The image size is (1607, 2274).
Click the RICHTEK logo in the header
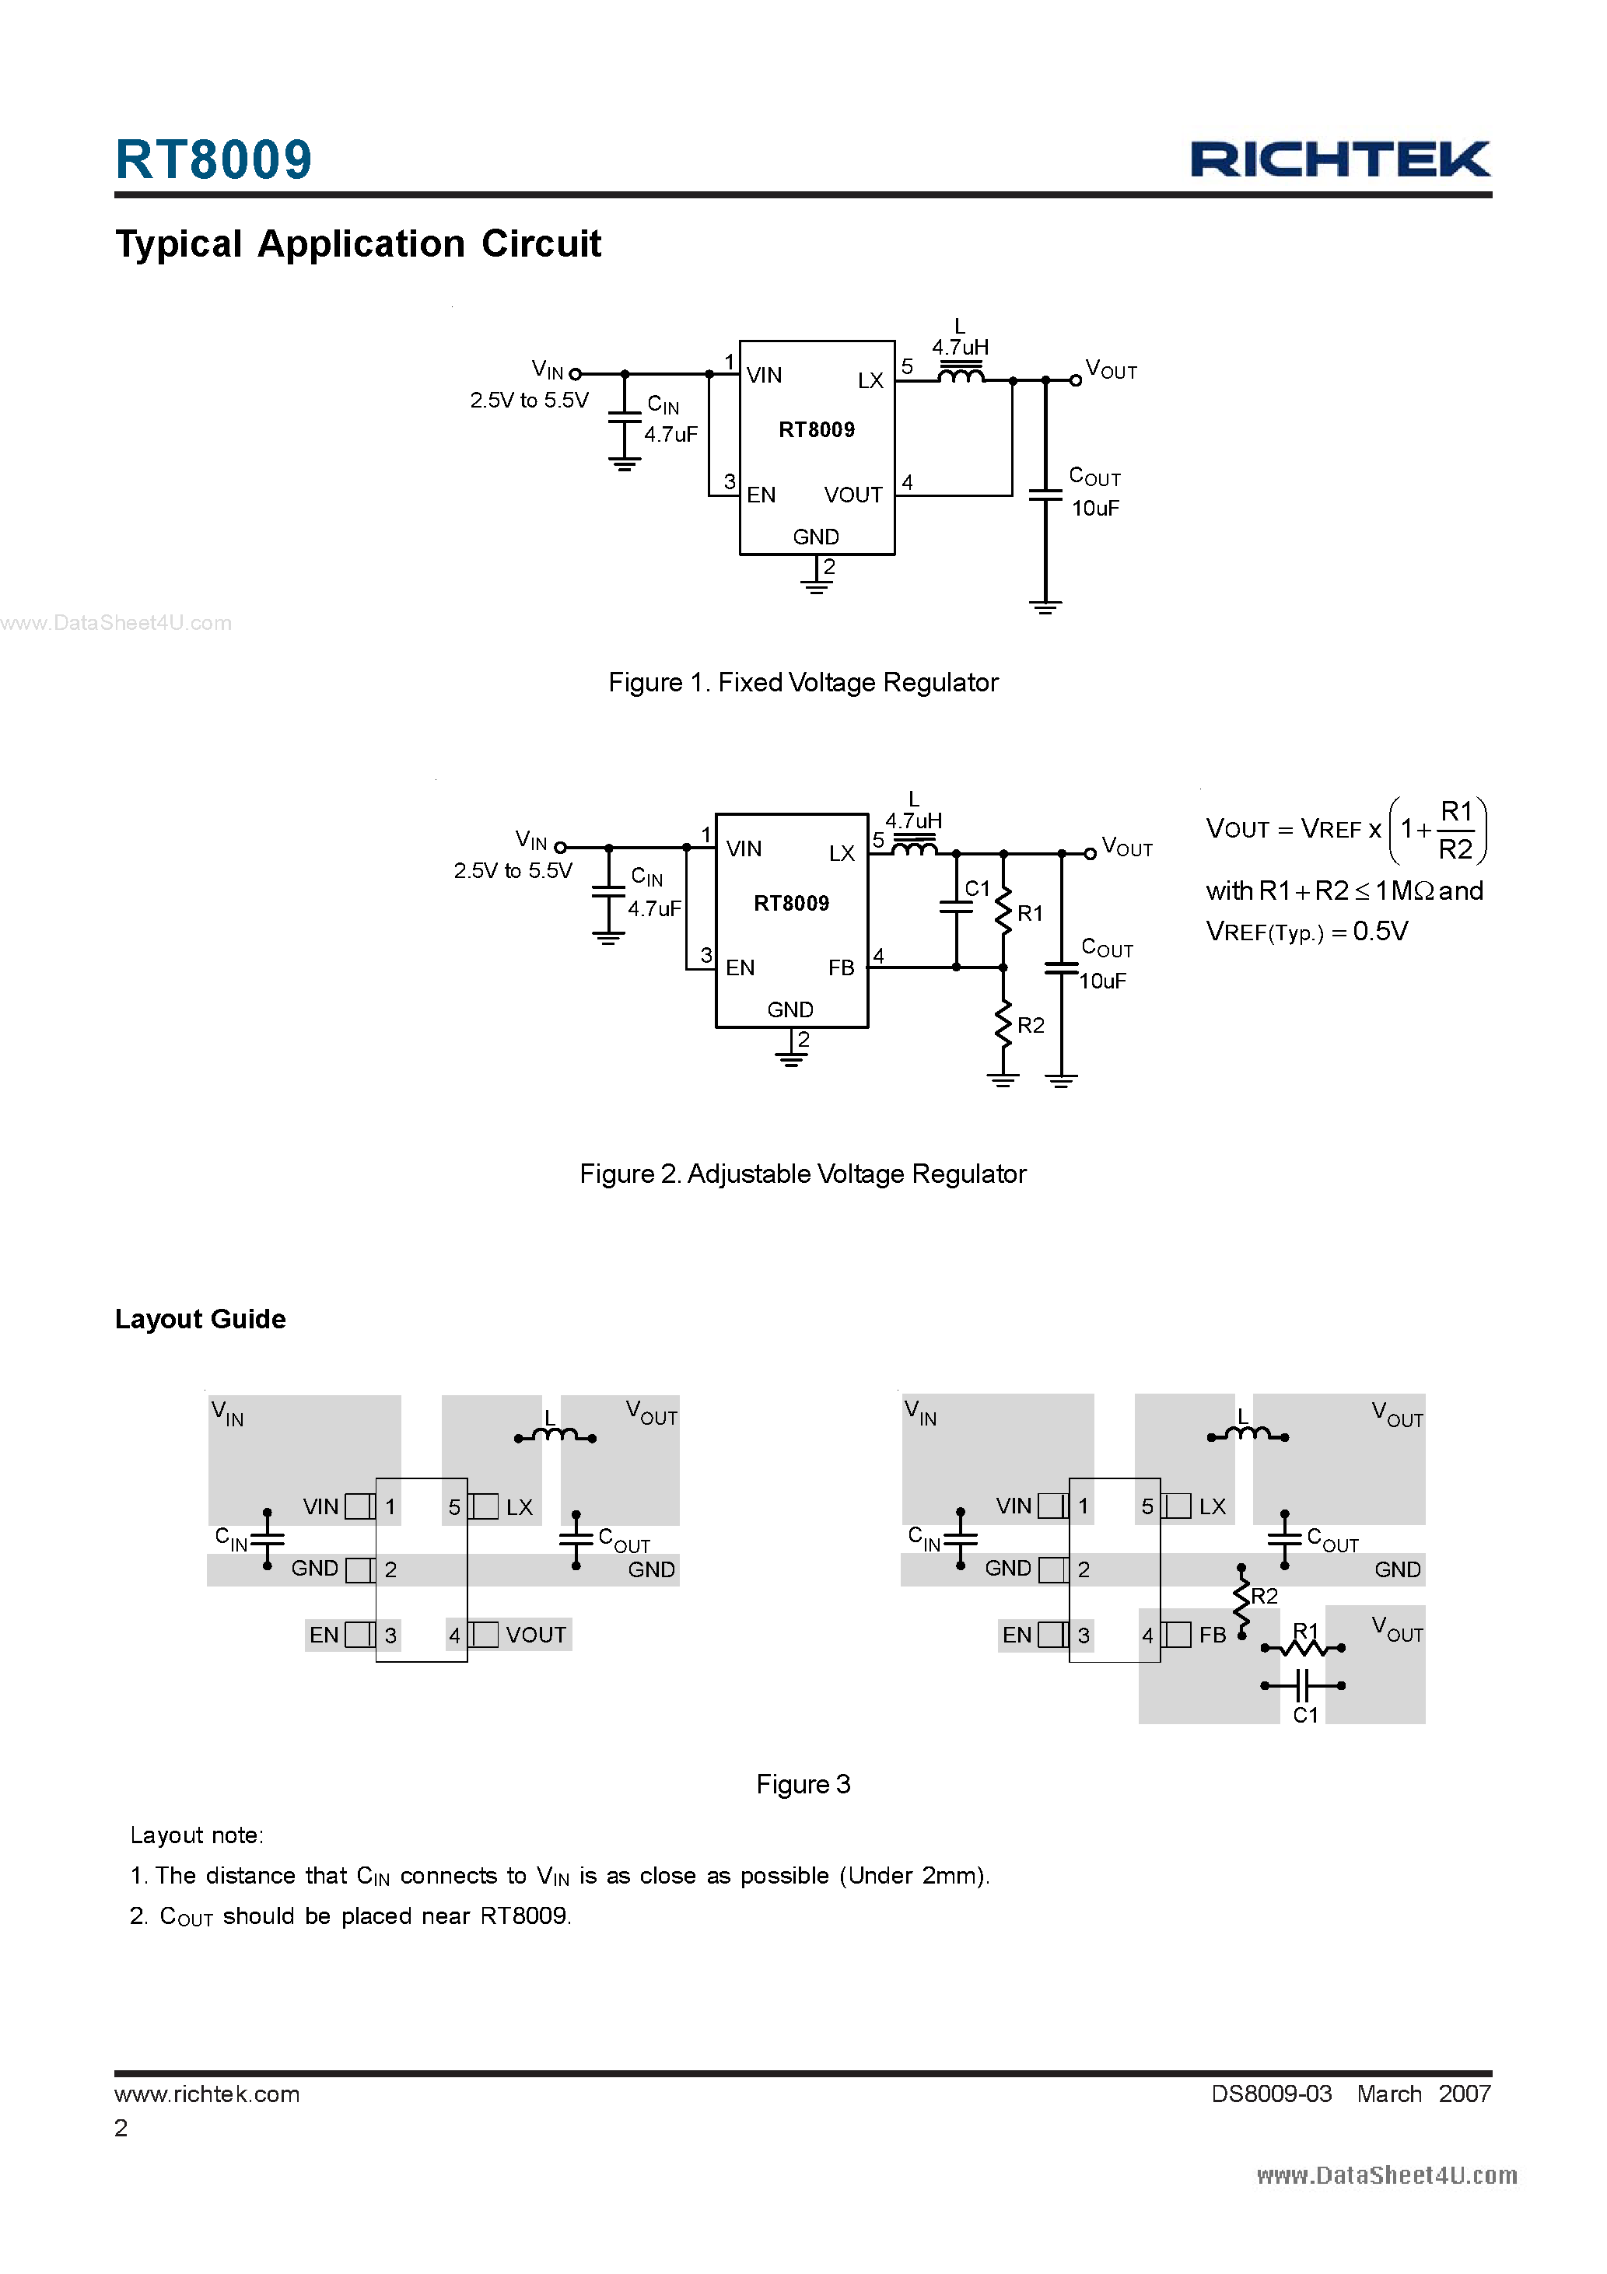coord(1339,159)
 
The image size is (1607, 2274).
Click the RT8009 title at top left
coord(213,159)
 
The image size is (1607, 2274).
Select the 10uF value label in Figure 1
coord(1094,508)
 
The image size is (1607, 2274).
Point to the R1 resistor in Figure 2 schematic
coord(1003,912)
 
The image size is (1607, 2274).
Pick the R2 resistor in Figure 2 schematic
coord(1003,1025)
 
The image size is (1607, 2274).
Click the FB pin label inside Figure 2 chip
coord(841,967)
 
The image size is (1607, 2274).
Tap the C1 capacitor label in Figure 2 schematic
coord(977,888)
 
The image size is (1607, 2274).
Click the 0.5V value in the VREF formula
coord(1380,931)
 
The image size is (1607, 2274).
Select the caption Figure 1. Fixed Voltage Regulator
coord(803,682)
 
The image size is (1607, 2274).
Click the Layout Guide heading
coord(200,1319)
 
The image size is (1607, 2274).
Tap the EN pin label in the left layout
coord(324,1636)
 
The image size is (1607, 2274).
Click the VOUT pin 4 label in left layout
coord(536,1636)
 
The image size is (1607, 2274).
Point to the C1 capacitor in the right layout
coord(1303,1685)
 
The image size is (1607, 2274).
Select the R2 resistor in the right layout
coord(1242,1597)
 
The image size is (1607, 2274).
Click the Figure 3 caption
coord(803,1785)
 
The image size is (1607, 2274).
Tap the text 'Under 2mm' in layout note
coord(913,1876)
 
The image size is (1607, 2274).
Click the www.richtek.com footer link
coord(207,2094)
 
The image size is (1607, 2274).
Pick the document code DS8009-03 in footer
coord(1271,2094)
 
